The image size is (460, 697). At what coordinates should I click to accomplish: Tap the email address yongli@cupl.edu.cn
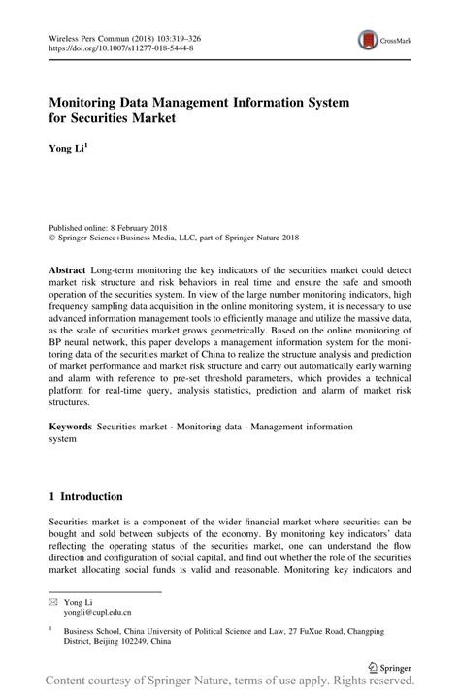[x=98, y=613]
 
